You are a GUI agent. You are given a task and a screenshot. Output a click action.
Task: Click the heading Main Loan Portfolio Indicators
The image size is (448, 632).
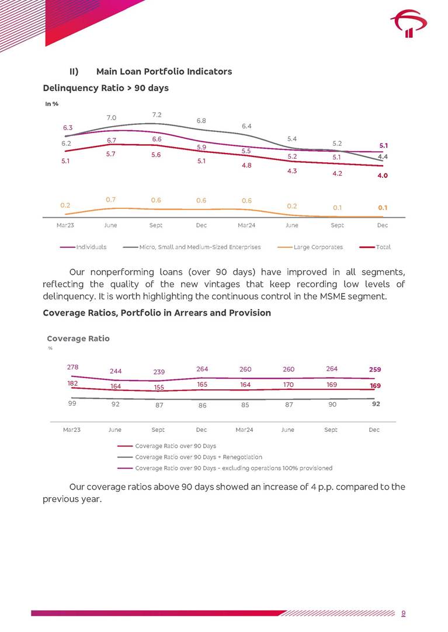(x=164, y=71)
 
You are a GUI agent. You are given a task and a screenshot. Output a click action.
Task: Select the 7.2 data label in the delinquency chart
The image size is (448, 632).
(x=157, y=114)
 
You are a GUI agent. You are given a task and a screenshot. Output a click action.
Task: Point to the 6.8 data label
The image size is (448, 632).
(x=202, y=121)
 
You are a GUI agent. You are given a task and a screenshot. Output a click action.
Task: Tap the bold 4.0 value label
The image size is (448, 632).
(x=383, y=175)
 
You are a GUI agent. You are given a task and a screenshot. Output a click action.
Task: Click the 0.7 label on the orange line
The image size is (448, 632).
(x=111, y=200)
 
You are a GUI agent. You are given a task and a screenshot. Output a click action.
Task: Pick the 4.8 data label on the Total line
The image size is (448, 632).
(x=246, y=166)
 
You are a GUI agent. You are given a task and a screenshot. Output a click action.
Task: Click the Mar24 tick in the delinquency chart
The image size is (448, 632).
(x=246, y=225)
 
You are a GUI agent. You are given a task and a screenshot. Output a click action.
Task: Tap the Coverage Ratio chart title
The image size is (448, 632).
(x=78, y=338)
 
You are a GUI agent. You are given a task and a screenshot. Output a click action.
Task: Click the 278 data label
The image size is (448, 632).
(x=72, y=367)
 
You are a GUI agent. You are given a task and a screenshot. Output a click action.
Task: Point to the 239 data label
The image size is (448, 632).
(x=158, y=372)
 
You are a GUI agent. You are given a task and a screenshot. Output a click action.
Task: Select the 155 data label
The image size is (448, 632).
(x=158, y=387)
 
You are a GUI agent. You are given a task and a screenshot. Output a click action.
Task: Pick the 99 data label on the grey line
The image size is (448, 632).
(x=72, y=403)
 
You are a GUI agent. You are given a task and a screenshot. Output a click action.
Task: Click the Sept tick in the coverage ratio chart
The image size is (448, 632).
(x=331, y=430)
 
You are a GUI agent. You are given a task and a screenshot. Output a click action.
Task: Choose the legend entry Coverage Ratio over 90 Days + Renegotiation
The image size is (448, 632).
(x=199, y=457)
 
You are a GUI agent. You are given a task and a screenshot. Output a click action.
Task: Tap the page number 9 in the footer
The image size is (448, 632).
(x=404, y=613)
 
